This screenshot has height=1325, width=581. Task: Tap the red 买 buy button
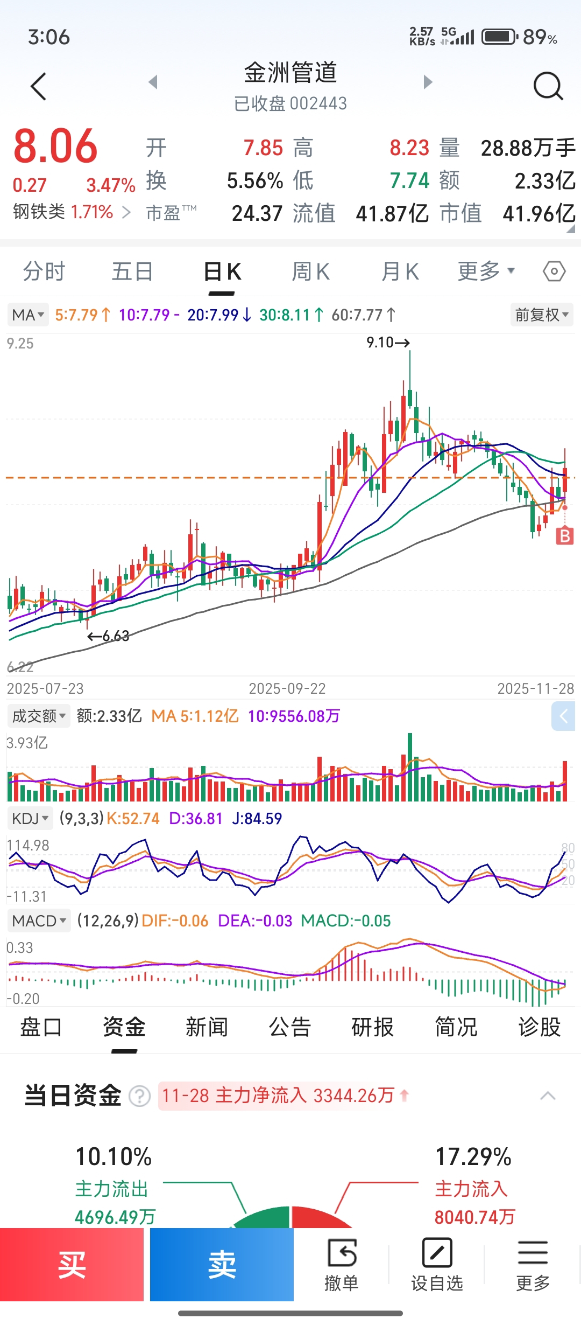[72, 1264]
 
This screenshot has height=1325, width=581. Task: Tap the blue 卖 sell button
[222, 1264]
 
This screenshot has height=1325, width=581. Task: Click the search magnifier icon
[548, 86]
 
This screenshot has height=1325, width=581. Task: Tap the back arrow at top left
[39, 86]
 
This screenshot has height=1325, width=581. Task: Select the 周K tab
[310, 271]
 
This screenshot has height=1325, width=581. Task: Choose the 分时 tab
[44, 271]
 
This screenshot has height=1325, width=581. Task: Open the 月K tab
[400, 271]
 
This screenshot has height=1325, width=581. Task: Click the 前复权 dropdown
[541, 315]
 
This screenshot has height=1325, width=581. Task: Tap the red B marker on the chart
[564, 536]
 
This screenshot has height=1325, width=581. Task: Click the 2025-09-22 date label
[287, 688]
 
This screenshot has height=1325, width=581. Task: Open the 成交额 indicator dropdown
[39, 716]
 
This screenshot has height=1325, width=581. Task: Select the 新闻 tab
[207, 1027]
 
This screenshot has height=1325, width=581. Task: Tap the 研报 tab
[372, 1027]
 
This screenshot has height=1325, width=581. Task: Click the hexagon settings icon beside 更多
[554, 271]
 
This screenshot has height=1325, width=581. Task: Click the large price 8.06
[55, 147]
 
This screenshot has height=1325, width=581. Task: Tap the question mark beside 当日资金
[140, 1096]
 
